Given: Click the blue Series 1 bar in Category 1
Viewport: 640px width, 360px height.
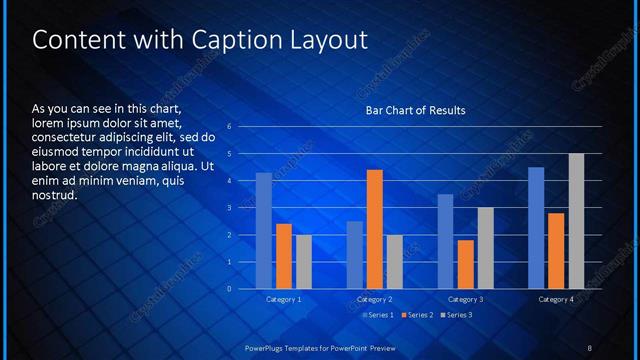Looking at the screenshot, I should pyautogui.click(x=264, y=231).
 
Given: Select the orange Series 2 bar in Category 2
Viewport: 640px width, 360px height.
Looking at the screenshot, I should pyautogui.click(x=375, y=229).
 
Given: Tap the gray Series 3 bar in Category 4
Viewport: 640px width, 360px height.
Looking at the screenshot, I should pyautogui.click(x=576, y=221).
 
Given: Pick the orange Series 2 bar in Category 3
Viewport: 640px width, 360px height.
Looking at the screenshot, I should pyautogui.click(x=465, y=264).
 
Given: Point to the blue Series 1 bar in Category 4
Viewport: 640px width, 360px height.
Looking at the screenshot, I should pyautogui.click(x=536, y=228).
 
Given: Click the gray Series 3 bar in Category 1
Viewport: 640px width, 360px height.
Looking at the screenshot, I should pyautogui.click(x=304, y=262).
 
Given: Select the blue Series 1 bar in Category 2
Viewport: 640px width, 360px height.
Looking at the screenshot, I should pyautogui.click(x=355, y=255).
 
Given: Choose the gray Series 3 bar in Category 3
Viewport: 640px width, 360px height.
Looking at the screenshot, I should pyautogui.click(x=485, y=248).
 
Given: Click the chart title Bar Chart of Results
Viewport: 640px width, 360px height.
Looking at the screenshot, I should pyautogui.click(x=415, y=110).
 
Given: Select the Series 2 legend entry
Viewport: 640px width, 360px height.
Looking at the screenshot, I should pyautogui.click(x=417, y=315).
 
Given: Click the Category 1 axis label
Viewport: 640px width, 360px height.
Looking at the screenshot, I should pyautogui.click(x=284, y=299).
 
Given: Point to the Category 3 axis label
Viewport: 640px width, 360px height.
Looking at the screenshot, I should pyautogui.click(x=465, y=299).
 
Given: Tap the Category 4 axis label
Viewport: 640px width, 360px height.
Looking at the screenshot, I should pyautogui.click(x=556, y=299).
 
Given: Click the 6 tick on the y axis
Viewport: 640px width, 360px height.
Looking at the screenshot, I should pyautogui.click(x=230, y=127).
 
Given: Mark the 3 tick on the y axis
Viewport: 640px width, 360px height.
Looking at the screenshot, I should pyautogui.click(x=230, y=208).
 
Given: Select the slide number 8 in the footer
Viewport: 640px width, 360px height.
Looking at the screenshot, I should pyautogui.click(x=590, y=347).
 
